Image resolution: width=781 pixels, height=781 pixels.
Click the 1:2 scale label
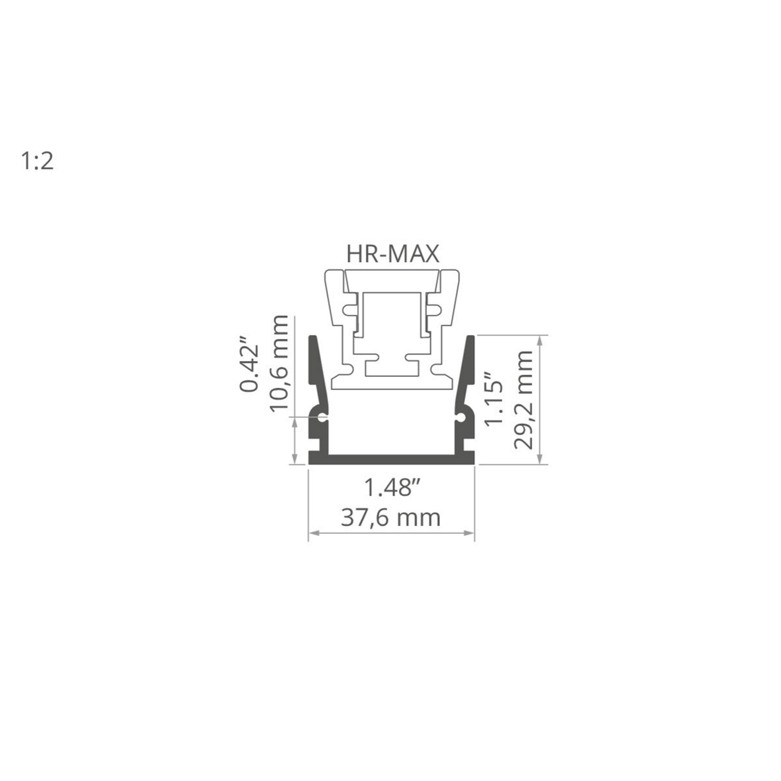(x=37, y=161)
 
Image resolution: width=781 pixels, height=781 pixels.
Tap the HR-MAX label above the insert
(x=392, y=253)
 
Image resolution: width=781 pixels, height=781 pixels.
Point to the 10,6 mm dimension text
(x=279, y=365)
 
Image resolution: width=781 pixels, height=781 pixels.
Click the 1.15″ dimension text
(x=495, y=397)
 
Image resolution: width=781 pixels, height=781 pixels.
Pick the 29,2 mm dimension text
(x=524, y=399)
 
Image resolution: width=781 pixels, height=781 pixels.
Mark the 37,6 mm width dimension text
(x=390, y=517)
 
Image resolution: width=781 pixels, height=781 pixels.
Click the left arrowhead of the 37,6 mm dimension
(x=311, y=532)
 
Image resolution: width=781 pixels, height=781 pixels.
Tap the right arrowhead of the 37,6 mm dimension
(x=471, y=532)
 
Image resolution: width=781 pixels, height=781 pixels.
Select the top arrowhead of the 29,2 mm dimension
(x=546, y=339)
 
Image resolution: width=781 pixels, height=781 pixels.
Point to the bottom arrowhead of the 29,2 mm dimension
(x=546, y=459)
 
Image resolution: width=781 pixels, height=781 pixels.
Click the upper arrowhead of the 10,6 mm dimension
(x=295, y=420)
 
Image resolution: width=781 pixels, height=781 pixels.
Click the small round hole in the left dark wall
(x=322, y=418)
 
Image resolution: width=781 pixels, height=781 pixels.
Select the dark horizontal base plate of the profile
(x=391, y=457)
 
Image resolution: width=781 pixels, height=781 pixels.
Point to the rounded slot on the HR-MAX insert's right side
(x=434, y=309)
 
